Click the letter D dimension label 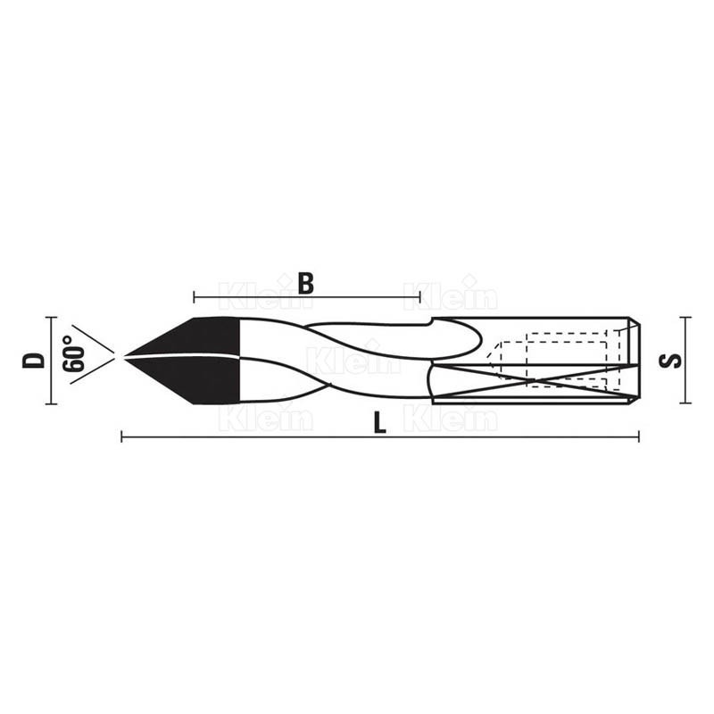click(34, 361)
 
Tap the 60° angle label click(74, 353)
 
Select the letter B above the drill click(306, 283)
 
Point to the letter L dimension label click(380, 423)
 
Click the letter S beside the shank click(670, 361)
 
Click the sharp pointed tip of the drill click(123, 356)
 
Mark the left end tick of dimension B click(194, 297)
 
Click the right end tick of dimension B click(419, 297)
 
